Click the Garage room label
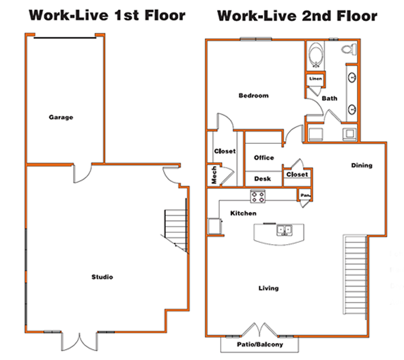click(x=61, y=117)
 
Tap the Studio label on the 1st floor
click(x=102, y=277)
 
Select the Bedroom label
click(x=254, y=95)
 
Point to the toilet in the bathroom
click(x=349, y=49)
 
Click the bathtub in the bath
click(x=316, y=55)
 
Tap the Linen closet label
click(x=315, y=78)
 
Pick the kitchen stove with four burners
click(x=258, y=197)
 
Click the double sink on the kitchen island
click(x=285, y=230)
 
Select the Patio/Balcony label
click(x=260, y=344)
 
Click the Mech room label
click(x=214, y=175)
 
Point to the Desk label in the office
click(x=263, y=179)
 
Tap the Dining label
click(x=362, y=165)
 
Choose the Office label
click(x=264, y=157)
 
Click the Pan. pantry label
click(x=305, y=196)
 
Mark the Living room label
click(x=268, y=288)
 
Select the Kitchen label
click(x=243, y=213)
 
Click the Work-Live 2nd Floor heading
click(x=298, y=16)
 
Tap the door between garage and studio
click(x=82, y=172)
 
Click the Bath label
click(x=330, y=98)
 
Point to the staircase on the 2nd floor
click(x=355, y=275)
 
